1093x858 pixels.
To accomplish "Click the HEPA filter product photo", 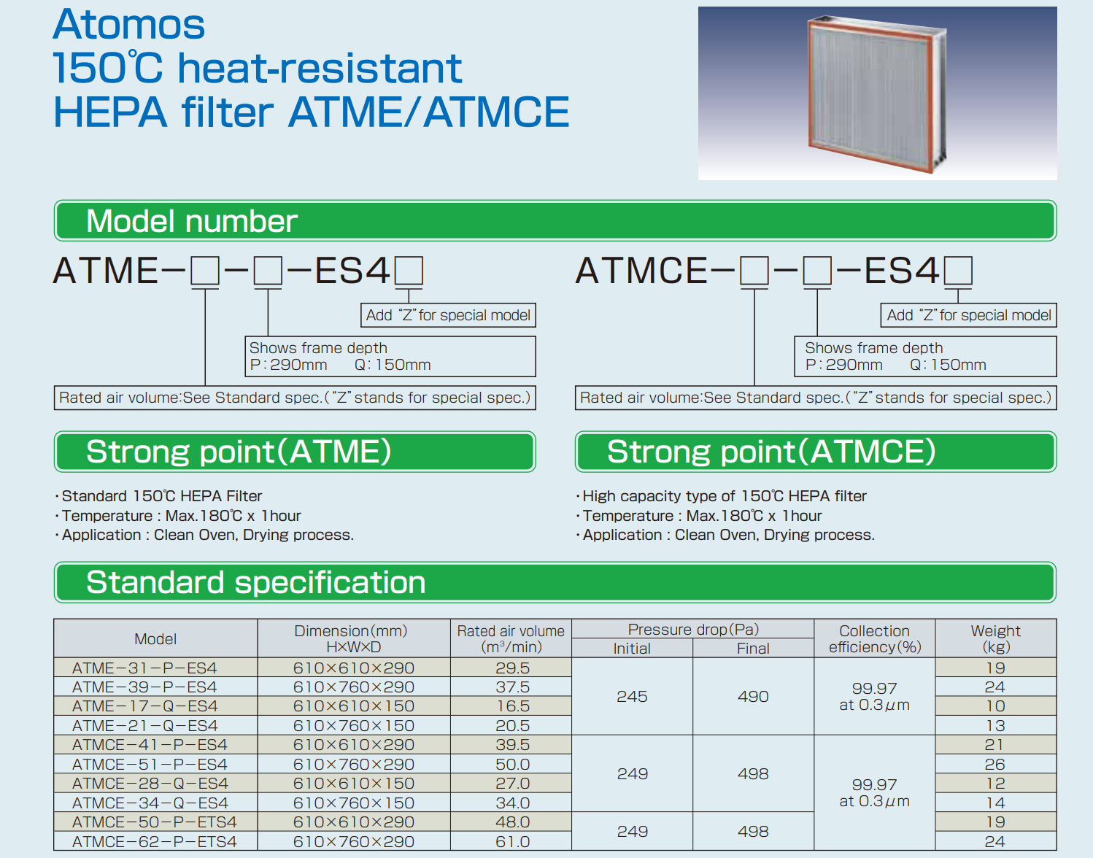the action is [877, 93].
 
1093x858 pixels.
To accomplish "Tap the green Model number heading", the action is [555, 221].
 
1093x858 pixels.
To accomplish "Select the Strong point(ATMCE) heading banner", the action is [816, 452].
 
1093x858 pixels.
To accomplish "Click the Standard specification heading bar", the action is [555, 582].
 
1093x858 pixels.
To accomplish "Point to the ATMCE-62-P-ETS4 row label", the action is [155, 841].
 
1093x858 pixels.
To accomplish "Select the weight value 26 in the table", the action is [995, 764].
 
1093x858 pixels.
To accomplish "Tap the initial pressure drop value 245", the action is [633, 697].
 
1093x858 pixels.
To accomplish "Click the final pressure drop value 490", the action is [753, 697].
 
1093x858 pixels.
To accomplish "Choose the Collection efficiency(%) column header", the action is [875, 638].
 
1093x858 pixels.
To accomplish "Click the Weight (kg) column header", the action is [995, 638].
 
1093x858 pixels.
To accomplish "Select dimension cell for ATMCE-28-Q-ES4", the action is [354, 783].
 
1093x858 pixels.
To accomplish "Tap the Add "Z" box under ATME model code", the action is [448, 315].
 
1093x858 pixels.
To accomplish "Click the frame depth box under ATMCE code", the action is [925, 356].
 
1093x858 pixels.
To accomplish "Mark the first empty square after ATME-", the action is [205, 271].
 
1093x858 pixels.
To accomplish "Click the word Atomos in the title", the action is [128, 24].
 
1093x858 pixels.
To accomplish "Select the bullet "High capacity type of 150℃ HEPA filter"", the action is [722, 496].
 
